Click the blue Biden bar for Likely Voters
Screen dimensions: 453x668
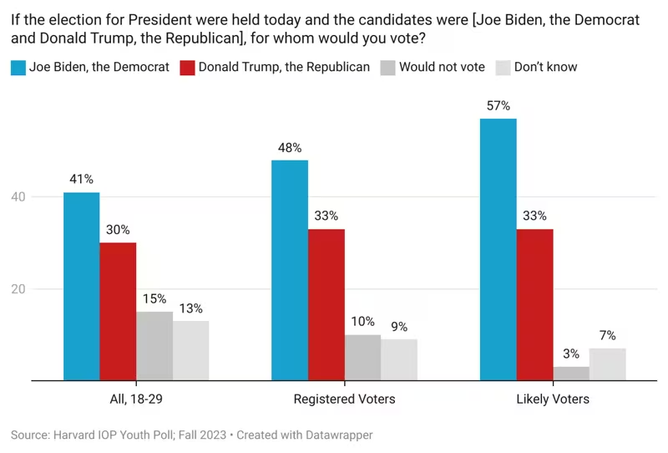click(x=498, y=249)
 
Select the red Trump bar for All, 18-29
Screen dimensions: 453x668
click(x=118, y=311)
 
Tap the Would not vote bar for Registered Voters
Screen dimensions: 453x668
click(x=363, y=358)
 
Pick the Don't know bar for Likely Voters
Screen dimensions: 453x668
click(x=608, y=364)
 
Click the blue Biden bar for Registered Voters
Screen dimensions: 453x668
click(x=290, y=270)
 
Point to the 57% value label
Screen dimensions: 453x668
click(x=498, y=106)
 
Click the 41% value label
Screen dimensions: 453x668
click(x=82, y=179)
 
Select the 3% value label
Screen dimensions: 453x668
click(x=571, y=354)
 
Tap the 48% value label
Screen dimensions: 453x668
click(x=290, y=147)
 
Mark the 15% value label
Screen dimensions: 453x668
click(x=154, y=298)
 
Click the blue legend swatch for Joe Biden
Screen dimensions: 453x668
click(x=18, y=67)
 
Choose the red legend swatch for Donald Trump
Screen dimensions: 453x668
click(x=188, y=67)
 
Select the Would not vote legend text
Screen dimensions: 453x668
click(x=442, y=67)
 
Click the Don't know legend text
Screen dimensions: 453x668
click(x=545, y=67)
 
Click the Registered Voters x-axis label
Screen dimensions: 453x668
click(x=344, y=399)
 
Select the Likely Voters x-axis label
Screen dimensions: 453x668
click(x=552, y=399)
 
